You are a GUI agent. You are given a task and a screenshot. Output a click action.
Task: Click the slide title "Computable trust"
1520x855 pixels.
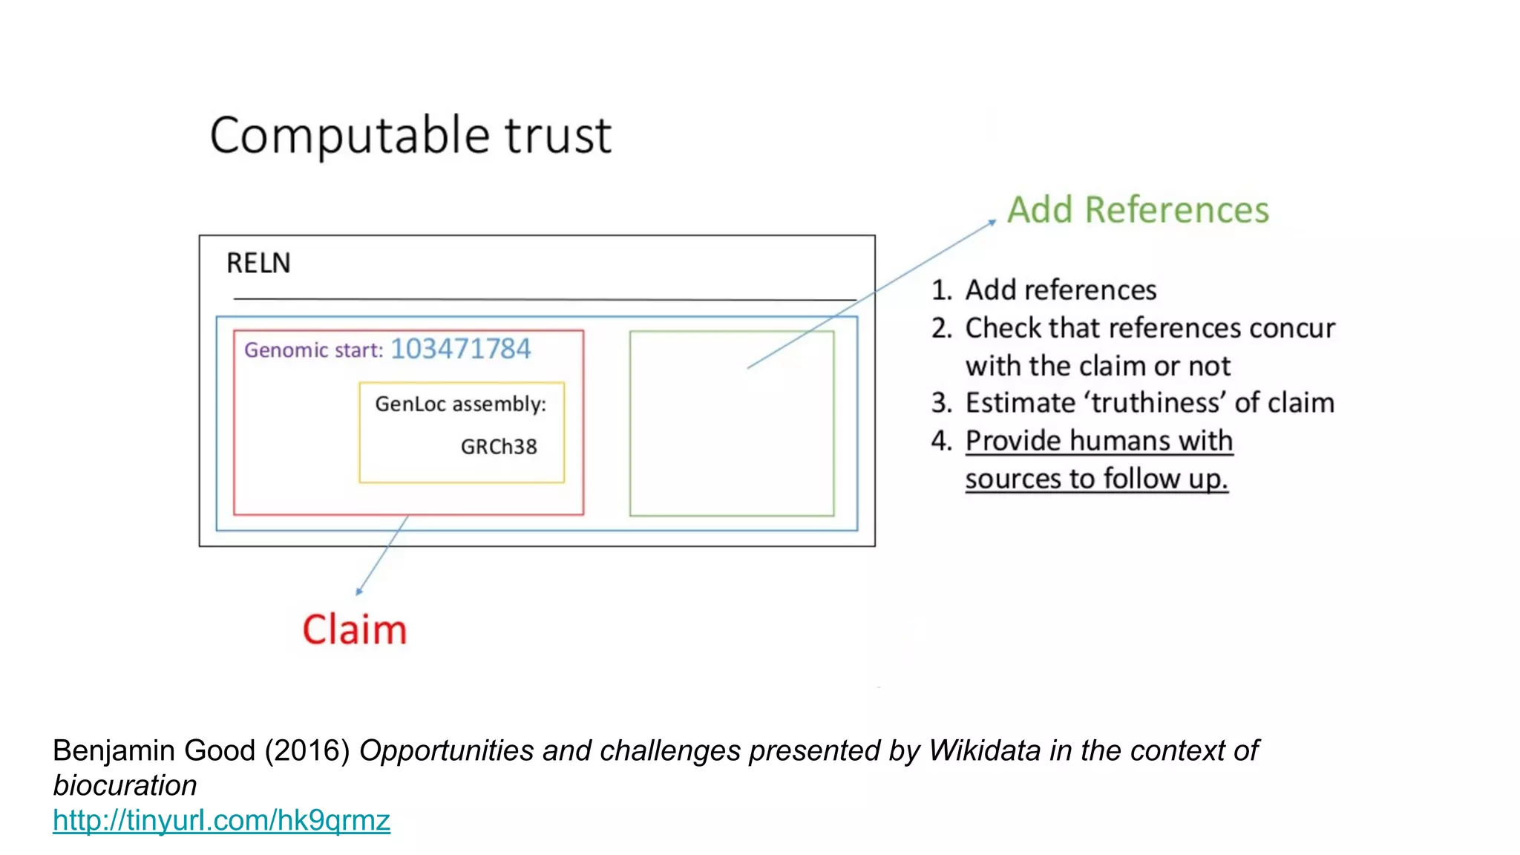pos(410,135)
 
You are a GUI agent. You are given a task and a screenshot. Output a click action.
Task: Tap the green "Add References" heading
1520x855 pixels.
pos(1138,210)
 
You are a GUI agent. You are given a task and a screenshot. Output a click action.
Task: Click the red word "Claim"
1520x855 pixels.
pos(355,630)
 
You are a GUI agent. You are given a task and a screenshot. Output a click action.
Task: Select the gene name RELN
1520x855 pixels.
pos(258,263)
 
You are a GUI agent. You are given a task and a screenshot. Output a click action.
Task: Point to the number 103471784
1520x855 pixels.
pos(461,349)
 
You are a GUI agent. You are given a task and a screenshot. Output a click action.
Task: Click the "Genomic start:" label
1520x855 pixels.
pos(313,350)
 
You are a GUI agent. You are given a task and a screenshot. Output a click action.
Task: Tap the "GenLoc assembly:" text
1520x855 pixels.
pos(460,404)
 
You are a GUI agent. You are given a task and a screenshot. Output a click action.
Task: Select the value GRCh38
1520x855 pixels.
pos(499,447)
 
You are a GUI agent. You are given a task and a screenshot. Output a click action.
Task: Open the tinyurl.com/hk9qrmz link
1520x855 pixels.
pos(221,820)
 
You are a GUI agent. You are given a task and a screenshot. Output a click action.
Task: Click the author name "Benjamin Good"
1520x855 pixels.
pos(154,750)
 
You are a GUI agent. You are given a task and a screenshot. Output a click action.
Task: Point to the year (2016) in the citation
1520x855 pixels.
pos(307,750)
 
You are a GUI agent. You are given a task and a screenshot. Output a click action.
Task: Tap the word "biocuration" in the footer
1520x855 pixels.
pos(125,785)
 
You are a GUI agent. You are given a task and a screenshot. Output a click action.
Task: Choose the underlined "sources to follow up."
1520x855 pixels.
pos(1096,479)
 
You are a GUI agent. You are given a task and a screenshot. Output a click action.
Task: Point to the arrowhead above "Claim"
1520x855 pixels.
pos(359,592)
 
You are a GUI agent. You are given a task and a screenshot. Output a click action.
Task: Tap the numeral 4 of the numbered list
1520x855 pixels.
pos(940,441)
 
